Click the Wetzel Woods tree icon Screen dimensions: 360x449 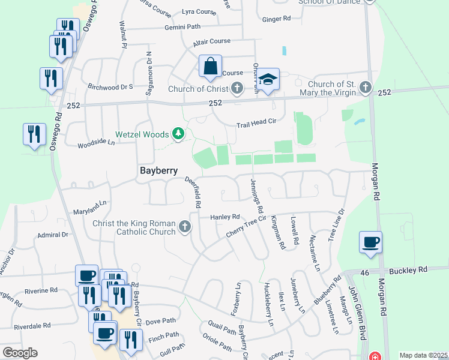(178, 133)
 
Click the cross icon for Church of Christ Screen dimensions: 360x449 (237, 89)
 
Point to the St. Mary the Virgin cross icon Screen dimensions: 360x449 (365, 89)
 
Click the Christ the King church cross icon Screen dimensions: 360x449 (185, 227)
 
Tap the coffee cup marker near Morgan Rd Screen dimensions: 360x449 (370, 242)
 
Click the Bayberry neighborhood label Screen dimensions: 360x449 (158, 170)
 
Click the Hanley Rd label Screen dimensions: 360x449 (224, 217)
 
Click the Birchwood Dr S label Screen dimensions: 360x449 (110, 86)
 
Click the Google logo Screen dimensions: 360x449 (20, 353)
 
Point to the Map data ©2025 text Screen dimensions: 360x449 (423, 355)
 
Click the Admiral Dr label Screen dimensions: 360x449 (52, 235)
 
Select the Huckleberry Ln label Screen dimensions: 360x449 (268, 305)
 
